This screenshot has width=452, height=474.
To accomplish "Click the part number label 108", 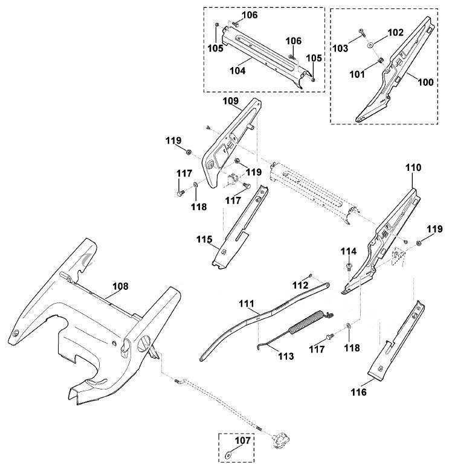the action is tap(120, 286).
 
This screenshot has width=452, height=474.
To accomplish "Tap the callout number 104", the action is tap(237, 71).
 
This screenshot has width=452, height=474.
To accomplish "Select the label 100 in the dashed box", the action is tap(425, 82).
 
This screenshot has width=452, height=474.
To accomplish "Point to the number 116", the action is tap(358, 392).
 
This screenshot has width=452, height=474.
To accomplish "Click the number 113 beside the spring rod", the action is tap(286, 356).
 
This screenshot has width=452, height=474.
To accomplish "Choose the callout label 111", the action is tap(247, 303).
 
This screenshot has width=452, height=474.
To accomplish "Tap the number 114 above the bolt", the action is tap(349, 251).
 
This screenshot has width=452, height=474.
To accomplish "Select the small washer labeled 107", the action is tap(228, 454).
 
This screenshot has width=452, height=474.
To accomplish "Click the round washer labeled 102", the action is tap(370, 45).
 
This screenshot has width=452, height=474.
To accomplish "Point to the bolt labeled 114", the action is tap(349, 266).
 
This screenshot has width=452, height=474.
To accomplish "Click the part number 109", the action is tap(231, 101).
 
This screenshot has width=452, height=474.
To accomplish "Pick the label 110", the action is tap(413, 167).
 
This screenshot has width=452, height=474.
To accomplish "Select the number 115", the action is tap(204, 239).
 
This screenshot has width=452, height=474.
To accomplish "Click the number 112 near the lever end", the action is tap(300, 285).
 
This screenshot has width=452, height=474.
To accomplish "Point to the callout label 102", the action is tap(395, 33).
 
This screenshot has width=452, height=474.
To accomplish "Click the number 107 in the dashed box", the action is tap(243, 440).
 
